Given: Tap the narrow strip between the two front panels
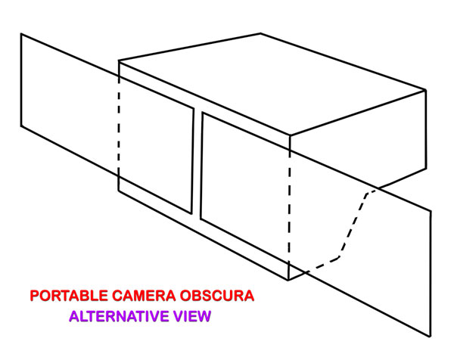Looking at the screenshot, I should [197, 165].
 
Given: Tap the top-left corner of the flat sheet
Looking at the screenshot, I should [20, 33].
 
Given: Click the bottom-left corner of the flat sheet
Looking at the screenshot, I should [20, 125].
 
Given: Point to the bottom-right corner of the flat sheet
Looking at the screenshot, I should [431, 335].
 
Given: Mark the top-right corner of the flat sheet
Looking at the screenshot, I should [431, 211].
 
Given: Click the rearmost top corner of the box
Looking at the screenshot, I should [261, 33].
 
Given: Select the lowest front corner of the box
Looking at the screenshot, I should [289, 280].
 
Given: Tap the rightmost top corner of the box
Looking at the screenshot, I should [426, 90].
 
